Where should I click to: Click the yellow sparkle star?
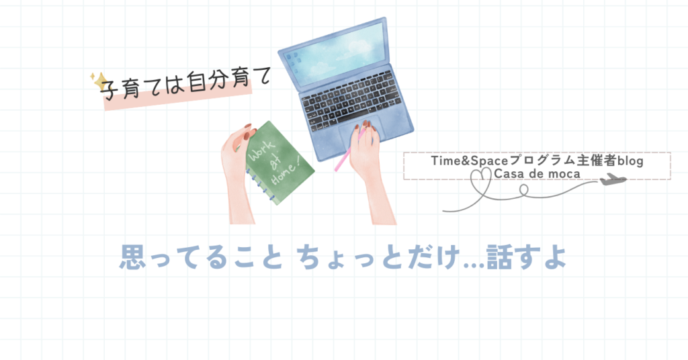coord(100,81)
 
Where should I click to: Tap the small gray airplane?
coord(613,179)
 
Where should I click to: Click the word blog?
coord(630,161)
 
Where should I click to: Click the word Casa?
coord(509,174)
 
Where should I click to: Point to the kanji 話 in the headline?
coord(499,257)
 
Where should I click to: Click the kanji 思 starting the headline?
coord(133,257)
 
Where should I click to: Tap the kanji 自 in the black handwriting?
coord(197,83)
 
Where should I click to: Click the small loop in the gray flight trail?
coord(523,190)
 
